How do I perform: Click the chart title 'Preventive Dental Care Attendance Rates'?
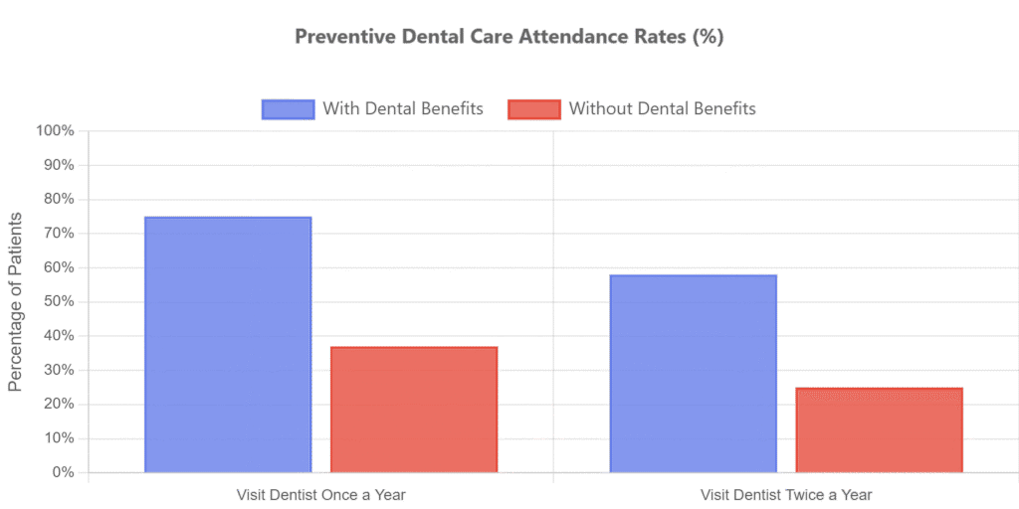coord(509,37)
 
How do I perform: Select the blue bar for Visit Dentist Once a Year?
coord(228,344)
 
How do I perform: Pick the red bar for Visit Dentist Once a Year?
coord(413,409)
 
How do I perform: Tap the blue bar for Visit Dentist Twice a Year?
coord(693,373)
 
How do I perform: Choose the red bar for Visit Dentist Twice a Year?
coord(879,429)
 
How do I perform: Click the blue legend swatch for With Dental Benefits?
coord(288,109)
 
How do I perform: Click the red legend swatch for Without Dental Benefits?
coord(532,109)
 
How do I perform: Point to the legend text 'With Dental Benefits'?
coord(403,109)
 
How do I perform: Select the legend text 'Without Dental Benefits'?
coord(662,109)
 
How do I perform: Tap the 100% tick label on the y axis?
coord(56,130)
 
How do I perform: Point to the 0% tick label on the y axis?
coord(63,472)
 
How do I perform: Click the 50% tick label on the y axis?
coord(60,301)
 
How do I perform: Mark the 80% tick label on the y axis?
coord(60,199)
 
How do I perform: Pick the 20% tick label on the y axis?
coord(60,404)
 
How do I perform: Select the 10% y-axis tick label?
coord(60,438)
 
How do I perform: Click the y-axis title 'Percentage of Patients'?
coord(16,301)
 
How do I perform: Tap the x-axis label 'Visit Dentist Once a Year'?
coord(321,494)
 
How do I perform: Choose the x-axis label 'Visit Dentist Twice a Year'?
coord(786,494)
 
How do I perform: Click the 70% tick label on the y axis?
coord(60,233)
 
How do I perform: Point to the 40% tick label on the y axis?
coord(60,335)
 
